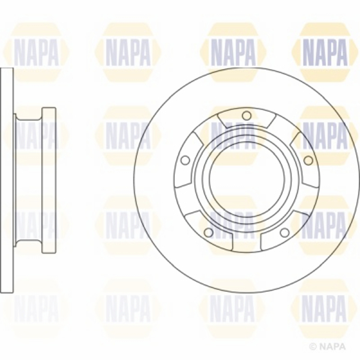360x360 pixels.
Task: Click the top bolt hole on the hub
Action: (x=247, y=115)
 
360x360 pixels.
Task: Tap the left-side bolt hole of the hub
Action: (x=185, y=160)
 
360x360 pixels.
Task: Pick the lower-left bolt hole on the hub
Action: (x=208, y=232)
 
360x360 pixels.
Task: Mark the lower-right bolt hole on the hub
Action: (x=284, y=232)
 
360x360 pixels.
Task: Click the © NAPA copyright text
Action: (x=328, y=346)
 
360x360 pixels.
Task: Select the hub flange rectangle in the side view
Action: (x=49, y=180)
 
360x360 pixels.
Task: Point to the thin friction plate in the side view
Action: (x=6, y=180)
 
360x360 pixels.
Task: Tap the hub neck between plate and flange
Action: (x=28, y=180)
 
